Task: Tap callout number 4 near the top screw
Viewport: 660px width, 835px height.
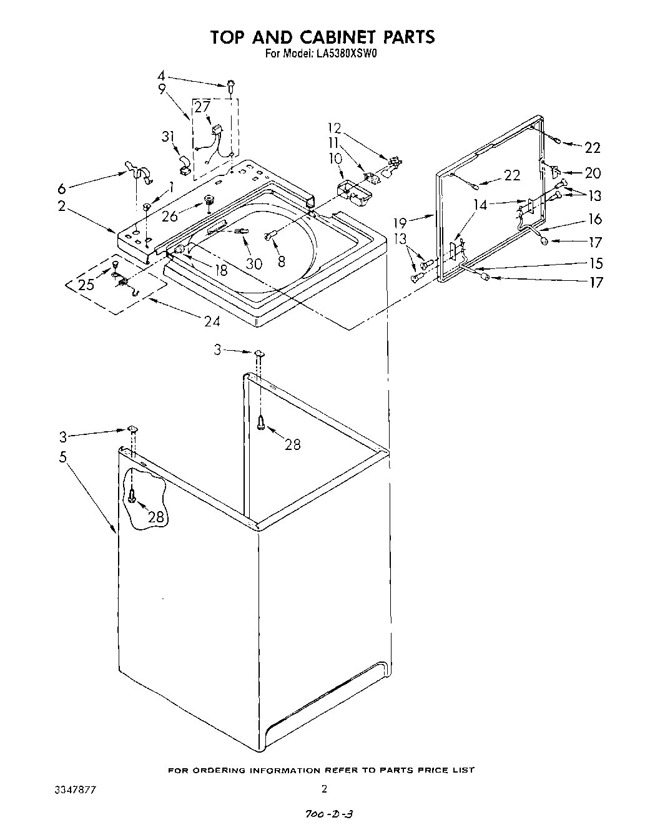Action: [x=160, y=77]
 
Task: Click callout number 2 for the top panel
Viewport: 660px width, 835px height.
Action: [x=62, y=206]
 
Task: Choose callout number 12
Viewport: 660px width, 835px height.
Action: [x=335, y=129]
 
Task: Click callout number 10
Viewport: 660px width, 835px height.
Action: [x=337, y=159]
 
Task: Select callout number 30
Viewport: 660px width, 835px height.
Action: [x=254, y=264]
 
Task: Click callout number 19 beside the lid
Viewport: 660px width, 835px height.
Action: [x=400, y=222]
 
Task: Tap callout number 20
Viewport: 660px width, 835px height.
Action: [x=592, y=173]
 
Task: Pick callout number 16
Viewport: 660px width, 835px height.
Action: [x=594, y=218]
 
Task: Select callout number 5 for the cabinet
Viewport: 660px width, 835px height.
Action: [x=62, y=457]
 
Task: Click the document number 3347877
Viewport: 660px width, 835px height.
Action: [x=75, y=790]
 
